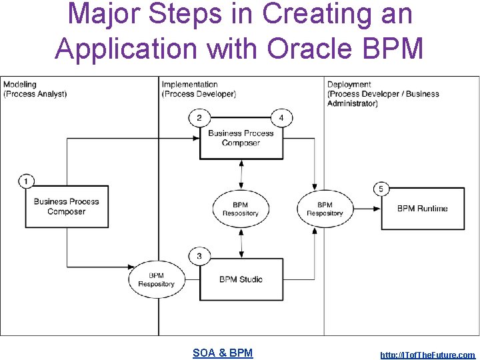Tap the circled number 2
[x=199, y=119]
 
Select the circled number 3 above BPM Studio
[x=199, y=256]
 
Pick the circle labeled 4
[x=281, y=119]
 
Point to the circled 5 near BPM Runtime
[x=381, y=189]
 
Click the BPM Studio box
[x=241, y=279]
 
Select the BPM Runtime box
[x=423, y=209]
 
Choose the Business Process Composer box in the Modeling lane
[x=66, y=207]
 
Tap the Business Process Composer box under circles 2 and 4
[x=241, y=139]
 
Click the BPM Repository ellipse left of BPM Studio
[x=156, y=279]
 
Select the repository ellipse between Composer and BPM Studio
[x=241, y=209]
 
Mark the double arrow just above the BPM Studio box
[x=241, y=243]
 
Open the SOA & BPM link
[x=223, y=353]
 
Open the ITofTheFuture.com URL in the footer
[x=427, y=355]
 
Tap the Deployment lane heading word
[x=349, y=85]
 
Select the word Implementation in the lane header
[x=189, y=85]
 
